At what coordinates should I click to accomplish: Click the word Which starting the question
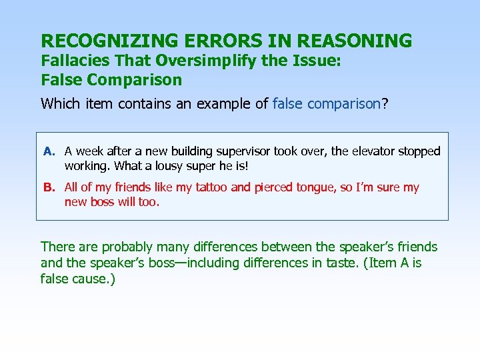pos(59,104)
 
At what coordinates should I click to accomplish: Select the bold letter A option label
pos(49,152)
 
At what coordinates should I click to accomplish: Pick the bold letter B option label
pos(49,188)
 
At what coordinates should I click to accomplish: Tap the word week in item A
pos(88,152)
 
